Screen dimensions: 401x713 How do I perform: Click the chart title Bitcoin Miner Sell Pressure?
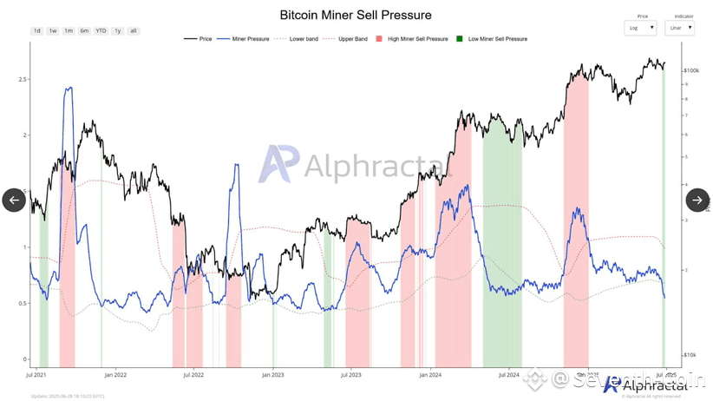[x=356, y=15]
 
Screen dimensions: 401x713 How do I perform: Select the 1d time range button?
[x=36, y=31]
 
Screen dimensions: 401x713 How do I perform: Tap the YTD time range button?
[x=101, y=31]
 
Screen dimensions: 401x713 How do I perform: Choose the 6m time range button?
[x=84, y=31]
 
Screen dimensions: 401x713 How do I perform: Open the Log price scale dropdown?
[x=641, y=28]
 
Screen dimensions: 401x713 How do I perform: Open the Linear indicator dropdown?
[x=678, y=28]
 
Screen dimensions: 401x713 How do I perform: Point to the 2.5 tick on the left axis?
[x=23, y=79]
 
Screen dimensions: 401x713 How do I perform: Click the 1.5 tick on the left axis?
[x=23, y=191]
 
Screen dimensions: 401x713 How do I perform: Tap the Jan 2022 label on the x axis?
[x=115, y=375]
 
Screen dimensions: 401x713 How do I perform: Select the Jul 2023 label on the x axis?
[x=351, y=375]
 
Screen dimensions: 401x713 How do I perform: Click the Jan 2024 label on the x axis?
[x=430, y=375]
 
